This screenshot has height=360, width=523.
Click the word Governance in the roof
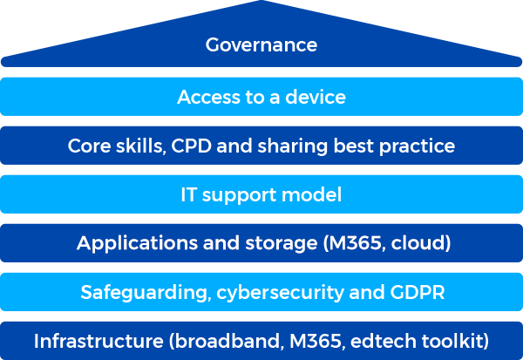(261, 44)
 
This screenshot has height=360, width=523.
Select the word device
(316, 97)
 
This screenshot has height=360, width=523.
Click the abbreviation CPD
(186, 146)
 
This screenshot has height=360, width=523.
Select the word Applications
(129, 243)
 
